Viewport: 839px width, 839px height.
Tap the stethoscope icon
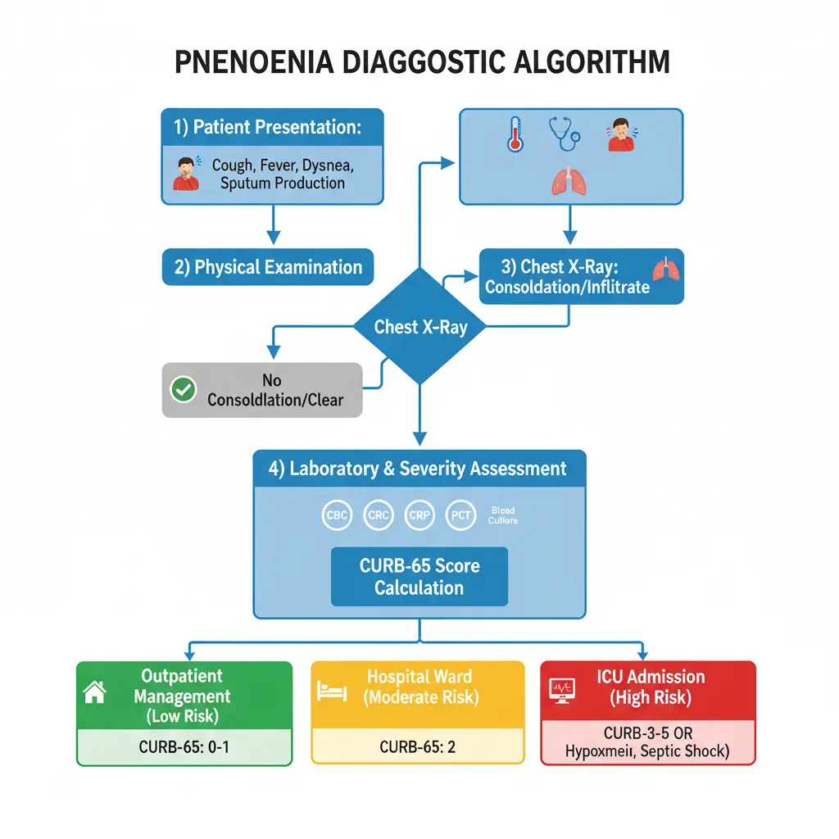point(565,134)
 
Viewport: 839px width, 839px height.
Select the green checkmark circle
point(182,389)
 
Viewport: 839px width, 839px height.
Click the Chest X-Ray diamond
point(419,326)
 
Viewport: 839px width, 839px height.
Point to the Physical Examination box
point(268,267)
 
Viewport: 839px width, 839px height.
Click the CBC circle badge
point(337,515)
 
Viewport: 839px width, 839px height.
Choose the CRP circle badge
point(419,515)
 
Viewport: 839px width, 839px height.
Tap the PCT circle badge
point(460,515)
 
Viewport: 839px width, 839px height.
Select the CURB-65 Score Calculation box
point(419,576)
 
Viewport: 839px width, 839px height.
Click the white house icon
point(96,692)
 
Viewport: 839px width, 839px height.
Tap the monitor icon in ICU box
point(562,691)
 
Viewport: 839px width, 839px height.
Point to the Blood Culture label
point(502,515)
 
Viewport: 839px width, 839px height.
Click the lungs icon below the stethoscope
point(568,182)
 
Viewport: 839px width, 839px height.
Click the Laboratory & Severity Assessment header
point(418,469)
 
